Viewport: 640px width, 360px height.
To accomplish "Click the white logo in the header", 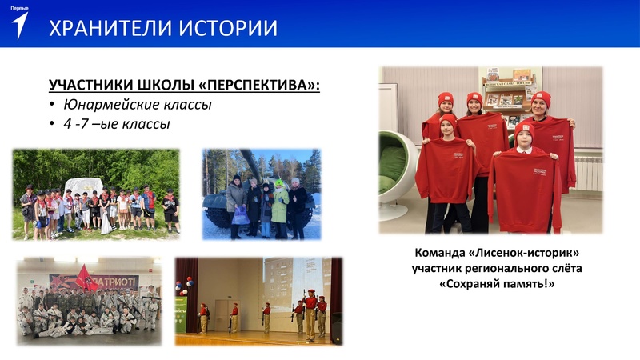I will [x=20, y=25].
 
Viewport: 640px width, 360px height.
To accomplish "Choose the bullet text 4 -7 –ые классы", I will [x=117, y=124].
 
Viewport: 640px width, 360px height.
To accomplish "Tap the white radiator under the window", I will [x=589, y=173].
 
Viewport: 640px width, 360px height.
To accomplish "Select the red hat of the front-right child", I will [x=524, y=127].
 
